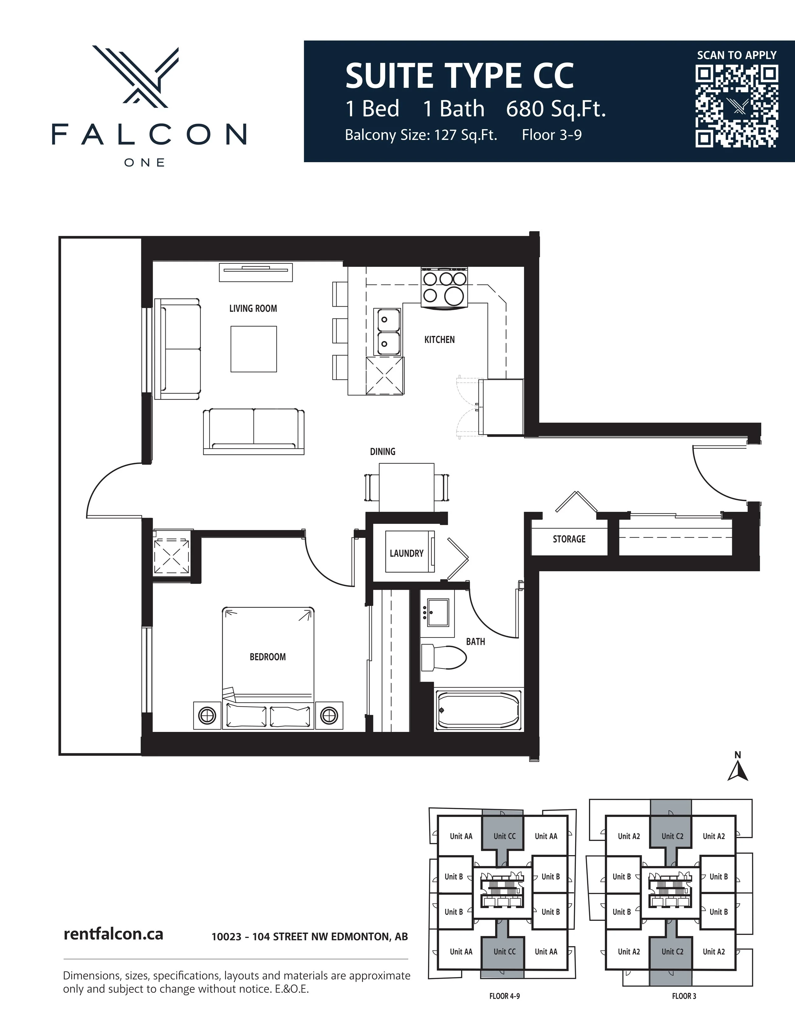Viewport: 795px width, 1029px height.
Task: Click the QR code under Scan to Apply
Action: pos(736,107)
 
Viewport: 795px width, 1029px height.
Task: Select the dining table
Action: pos(406,487)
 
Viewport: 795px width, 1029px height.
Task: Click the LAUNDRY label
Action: pos(406,553)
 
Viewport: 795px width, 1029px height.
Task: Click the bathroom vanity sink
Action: pos(438,613)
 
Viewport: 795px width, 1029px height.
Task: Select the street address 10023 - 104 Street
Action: pos(309,937)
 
